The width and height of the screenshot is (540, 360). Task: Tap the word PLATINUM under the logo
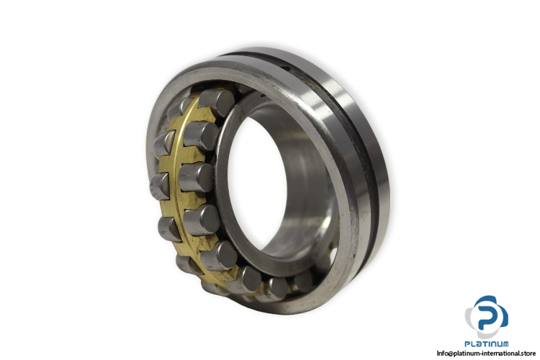click(x=486, y=343)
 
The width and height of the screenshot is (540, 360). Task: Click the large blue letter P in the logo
click(x=488, y=314)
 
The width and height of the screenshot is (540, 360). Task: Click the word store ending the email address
click(x=527, y=353)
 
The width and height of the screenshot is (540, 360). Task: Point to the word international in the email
click(x=499, y=353)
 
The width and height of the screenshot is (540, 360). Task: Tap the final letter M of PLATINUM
click(x=505, y=343)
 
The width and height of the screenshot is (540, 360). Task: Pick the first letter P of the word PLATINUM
click(x=468, y=343)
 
